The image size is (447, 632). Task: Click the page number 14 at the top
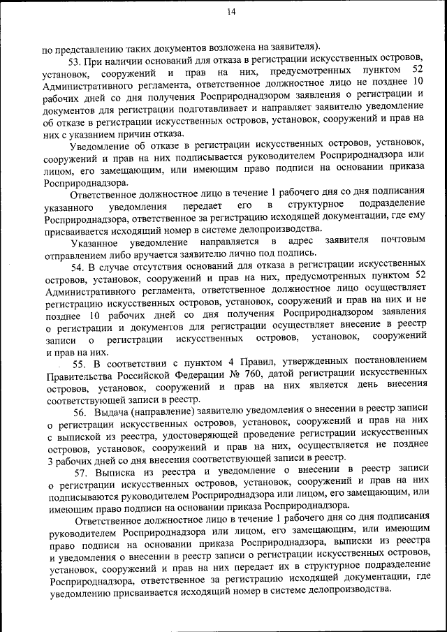click(231, 11)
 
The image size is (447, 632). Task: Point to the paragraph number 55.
click(79, 365)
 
